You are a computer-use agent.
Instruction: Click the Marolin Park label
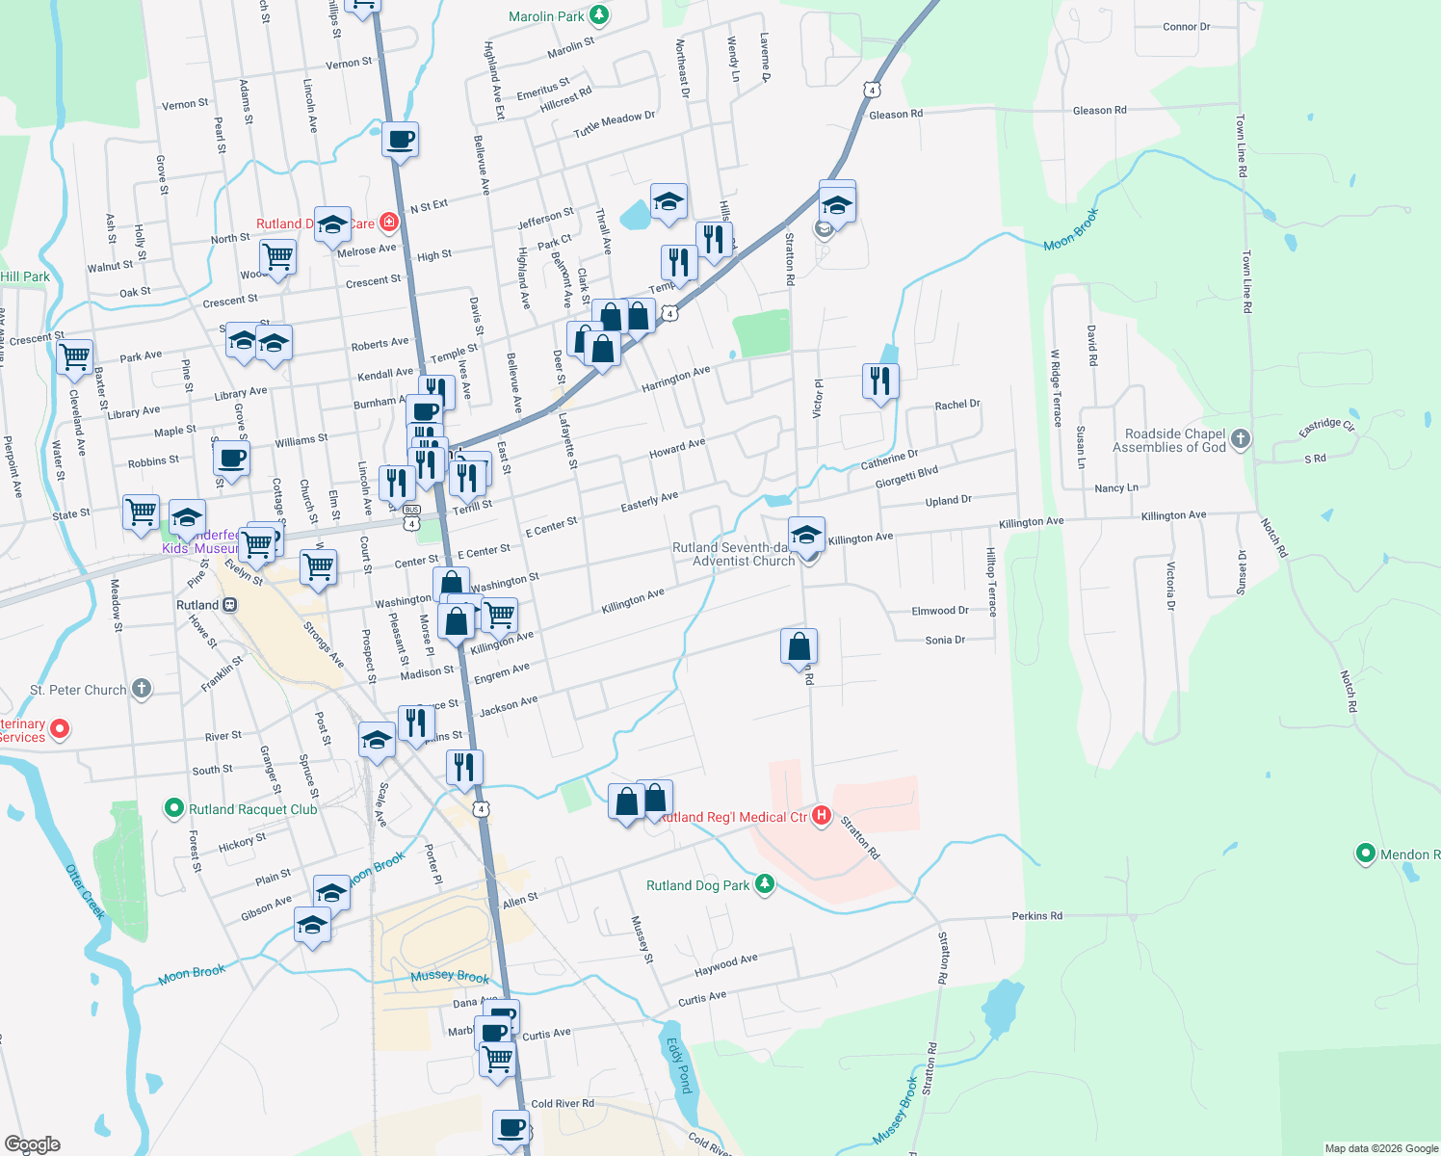(546, 16)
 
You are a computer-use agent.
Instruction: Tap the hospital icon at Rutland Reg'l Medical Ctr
(822, 816)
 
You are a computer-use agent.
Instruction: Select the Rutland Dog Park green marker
(765, 884)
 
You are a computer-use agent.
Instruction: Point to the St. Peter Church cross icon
(142, 689)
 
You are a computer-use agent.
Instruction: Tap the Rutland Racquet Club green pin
(174, 808)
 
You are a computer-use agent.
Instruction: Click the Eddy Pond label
(679, 1065)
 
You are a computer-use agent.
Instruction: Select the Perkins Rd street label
(1037, 915)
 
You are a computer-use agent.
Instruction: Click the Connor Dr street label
(1186, 27)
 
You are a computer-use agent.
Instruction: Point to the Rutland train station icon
(229, 605)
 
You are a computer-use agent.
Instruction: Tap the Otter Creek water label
(85, 891)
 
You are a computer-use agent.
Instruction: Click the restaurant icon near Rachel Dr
(879, 381)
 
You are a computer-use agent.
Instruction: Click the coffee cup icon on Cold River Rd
(511, 1126)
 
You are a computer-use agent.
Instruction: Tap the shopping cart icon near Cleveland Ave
(74, 355)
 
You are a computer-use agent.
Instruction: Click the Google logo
(32, 1143)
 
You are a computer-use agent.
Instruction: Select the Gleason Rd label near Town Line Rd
(1099, 111)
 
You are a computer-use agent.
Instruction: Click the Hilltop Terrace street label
(991, 582)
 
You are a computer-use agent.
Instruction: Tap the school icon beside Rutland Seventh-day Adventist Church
(805, 533)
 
